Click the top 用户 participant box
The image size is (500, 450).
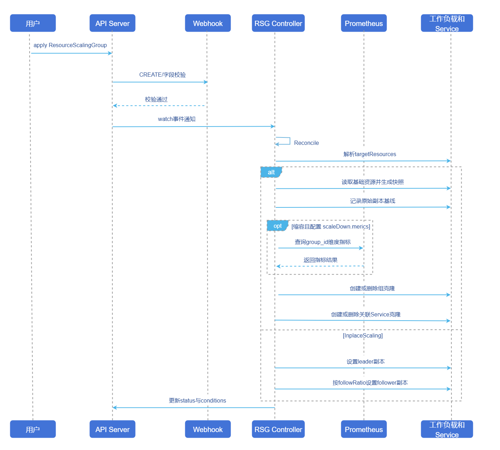pyautogui.click(x=33, y=23)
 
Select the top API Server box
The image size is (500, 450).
pyautogui.click(x=112, y=23)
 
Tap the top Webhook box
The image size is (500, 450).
pyautogui.click(x=208, y=23)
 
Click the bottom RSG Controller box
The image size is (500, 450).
pyautogui.click(x=278, y=429)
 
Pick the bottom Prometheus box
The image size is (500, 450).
pyautogui.click(x=364, y=429)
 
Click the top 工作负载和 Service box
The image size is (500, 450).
pyautogui.click(x=447, y=23)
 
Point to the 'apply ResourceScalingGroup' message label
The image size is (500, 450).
pyautogui.click(x=70, y=45)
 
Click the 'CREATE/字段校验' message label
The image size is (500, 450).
pyautogui.click(x=163, y=75)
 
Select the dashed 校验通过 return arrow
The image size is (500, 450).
pyautogui.click(x=159, y=105)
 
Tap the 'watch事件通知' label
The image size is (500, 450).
pyautogui.click(x=177, y=119)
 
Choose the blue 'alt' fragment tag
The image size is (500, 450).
pyautogui.click(x=271, y=172)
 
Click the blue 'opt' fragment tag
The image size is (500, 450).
pyautogui.click(x=278, y=226)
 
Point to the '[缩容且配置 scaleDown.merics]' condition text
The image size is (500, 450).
pyautogui.click(x=331, y=226)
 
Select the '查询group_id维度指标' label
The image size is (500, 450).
pyautogui.click(x=323, y=242)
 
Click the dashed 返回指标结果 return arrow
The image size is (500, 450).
pyautogui.click(x=320, y=266)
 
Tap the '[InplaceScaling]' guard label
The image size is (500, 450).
pyautogui.click(x=363, y=335)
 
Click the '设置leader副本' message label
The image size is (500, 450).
pyautogui.click(x=365, y=361)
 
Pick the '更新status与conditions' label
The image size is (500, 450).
pyautogui.click(x=198, y=400)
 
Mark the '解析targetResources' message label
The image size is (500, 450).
pyautogui.click(x=370, y=154)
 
